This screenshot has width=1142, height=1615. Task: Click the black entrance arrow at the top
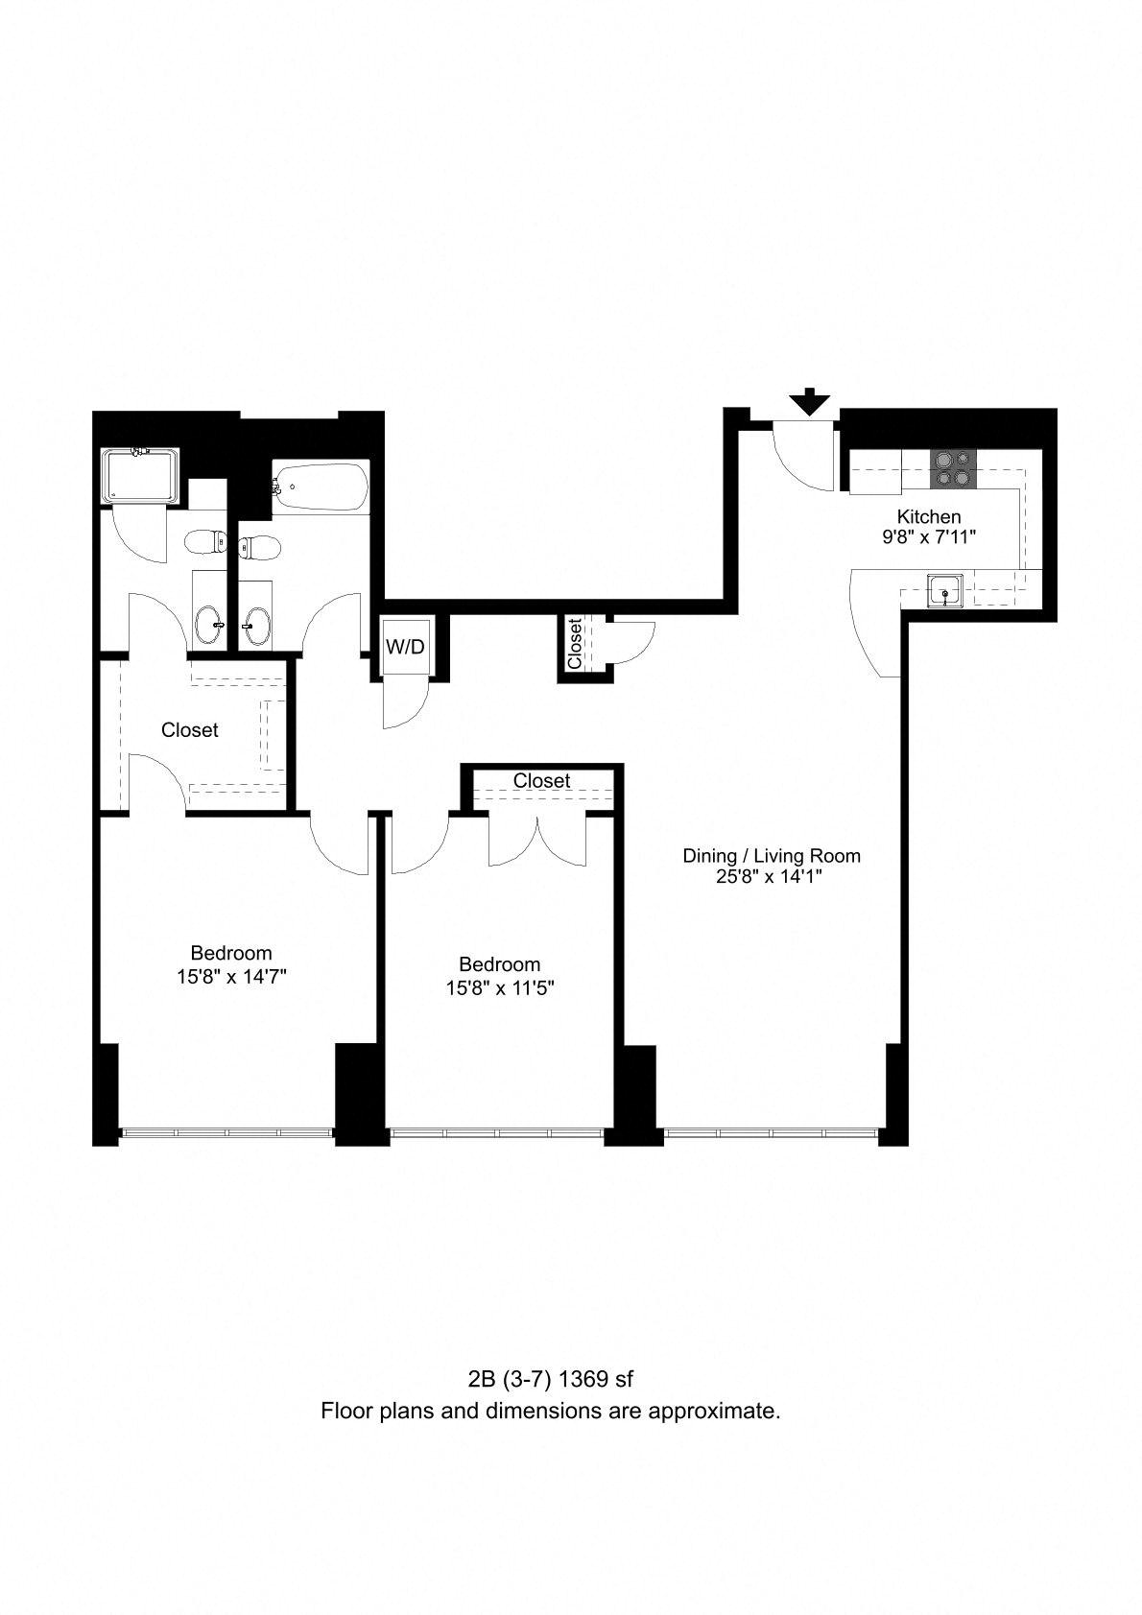[810, 401]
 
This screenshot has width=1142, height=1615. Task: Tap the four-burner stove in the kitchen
[953, 467]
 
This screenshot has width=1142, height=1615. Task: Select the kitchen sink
[944, 591]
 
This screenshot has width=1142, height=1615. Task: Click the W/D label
[405, 647]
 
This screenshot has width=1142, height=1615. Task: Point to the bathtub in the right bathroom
[321, 487]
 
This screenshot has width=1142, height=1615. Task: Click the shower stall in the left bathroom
[140, 476]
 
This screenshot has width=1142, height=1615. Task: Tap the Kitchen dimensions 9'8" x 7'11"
[929, 536]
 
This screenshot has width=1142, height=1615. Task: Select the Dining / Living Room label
[772, 856]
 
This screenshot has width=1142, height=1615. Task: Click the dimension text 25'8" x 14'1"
[770, 877]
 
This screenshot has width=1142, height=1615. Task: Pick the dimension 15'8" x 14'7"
[231, 977]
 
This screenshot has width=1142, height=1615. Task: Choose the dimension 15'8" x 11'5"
[500, 987]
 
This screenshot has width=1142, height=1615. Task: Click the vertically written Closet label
[575, 644]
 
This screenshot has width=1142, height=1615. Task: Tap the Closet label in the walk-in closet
[190, 730]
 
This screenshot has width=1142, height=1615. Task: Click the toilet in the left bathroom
[205, 541]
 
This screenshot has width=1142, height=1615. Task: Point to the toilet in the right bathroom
[259, 549]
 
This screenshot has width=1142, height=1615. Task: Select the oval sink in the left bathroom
[210, 619]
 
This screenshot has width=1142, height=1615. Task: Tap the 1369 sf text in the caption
[596, 1379]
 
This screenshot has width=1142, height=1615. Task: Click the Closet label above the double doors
[541, 781]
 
